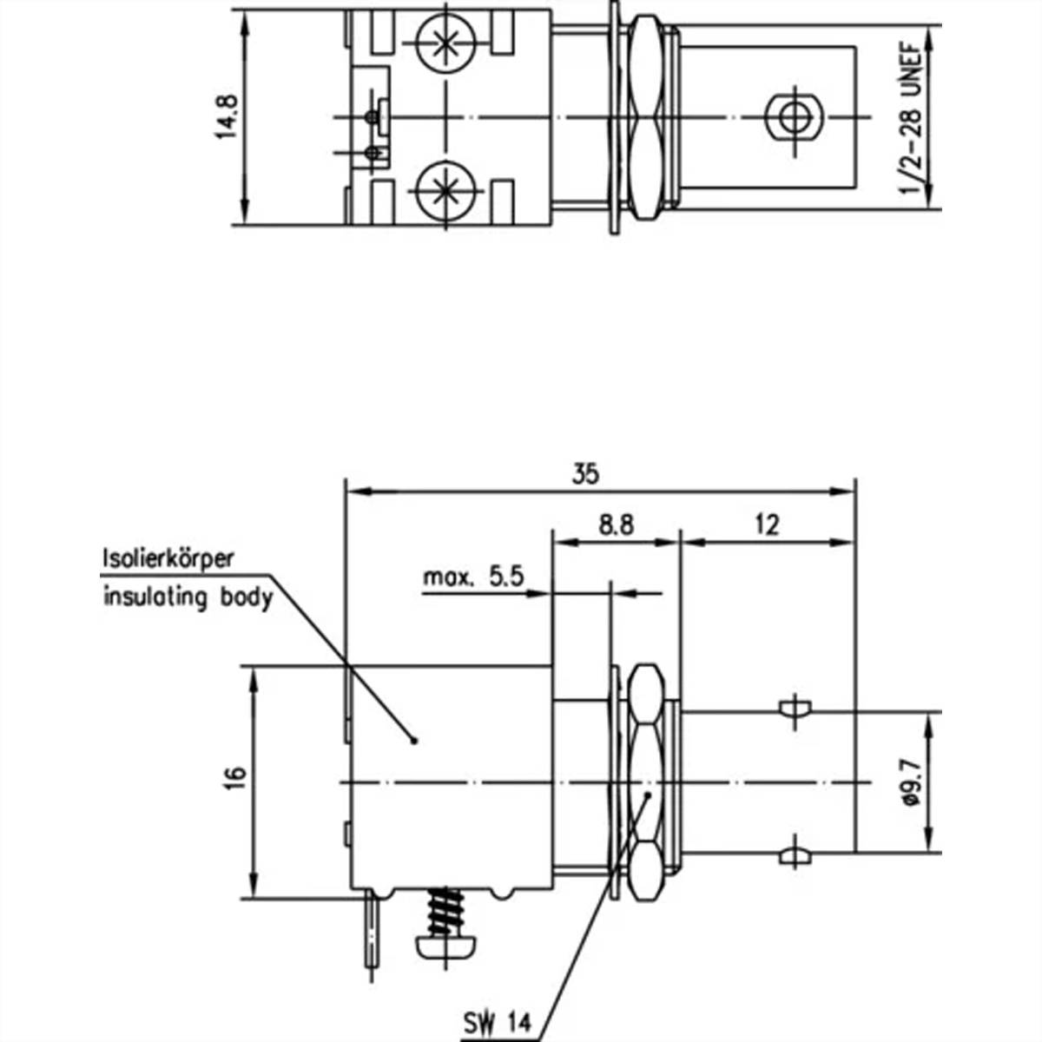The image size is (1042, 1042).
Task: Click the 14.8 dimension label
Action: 228,118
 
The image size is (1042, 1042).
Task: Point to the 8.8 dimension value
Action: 616,525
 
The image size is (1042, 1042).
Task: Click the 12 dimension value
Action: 767,525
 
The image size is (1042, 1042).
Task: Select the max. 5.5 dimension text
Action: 473,577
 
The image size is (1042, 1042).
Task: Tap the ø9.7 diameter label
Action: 911,783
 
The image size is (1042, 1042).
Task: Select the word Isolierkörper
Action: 168,558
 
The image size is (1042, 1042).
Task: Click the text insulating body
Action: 188,597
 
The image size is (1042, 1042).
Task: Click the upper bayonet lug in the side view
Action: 794,709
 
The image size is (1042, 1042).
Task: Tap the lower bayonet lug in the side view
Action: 794,856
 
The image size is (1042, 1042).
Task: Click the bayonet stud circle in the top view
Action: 792,115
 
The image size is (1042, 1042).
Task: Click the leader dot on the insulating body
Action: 414,741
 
